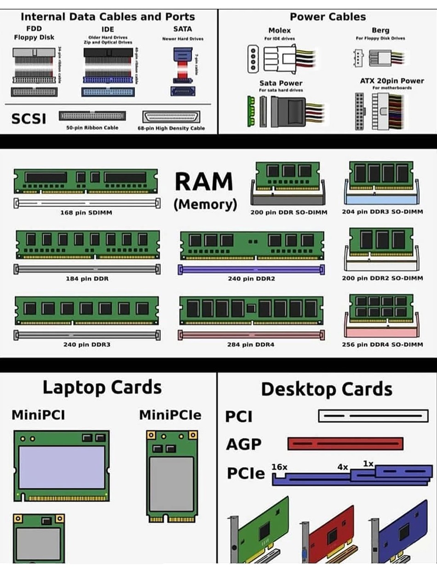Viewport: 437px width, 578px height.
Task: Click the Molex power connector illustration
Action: pyautogui.click(x=281, y=58)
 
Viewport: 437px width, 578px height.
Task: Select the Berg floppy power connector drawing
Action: pyautogui.click(x=380, y=58)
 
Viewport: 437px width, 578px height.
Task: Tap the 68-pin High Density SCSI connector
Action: pyautogui.click(x=172, y=117)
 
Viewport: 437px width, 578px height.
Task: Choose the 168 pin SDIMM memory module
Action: pyautogui.click(x=86, y=181)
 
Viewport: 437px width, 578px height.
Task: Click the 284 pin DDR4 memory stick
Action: pyautogui.click(x=251, y=309)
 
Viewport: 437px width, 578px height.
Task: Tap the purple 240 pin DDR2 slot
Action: pyautogui.click(x=251, y=270)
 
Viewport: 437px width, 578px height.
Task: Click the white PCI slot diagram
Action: pyautogui.click(x=360, y=416)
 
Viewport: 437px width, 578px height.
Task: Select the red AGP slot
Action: pyautogui.click(x=345, y=444)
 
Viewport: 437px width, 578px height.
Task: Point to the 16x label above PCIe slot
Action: pyautogui.click(x=279, y=467)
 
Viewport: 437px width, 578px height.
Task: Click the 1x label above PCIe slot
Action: pyautogui.click(x=368, y=463)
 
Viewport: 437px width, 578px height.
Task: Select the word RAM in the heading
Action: pyautogui.click(x=204, y=181)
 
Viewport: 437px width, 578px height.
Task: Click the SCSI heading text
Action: pyautogui.click(x=29, y=119)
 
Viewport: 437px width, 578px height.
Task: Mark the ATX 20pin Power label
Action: pyautogui.click(x=392, y=81)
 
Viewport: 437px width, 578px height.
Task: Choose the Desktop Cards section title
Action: pyautogui.click(x=327, y=389)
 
